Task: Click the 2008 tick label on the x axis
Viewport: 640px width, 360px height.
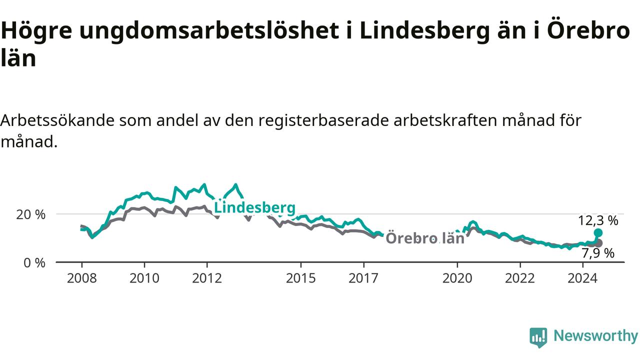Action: point(81,278)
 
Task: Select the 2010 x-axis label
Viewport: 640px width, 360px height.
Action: point(144,278)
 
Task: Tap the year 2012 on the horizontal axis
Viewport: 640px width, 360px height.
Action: point(207,278)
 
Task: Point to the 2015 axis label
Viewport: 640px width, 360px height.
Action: point(301,278)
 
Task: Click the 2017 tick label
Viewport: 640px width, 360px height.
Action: point(363,278)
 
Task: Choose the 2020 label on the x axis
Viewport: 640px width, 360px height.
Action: point(457,278)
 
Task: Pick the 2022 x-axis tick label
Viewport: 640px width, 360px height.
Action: point(520,278)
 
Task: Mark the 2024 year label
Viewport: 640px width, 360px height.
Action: point(582,278)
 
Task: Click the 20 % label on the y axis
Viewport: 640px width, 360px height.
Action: point(31,214)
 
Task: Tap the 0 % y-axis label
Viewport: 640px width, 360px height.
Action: point(34,263)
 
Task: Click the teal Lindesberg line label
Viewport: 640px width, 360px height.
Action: point(254,208)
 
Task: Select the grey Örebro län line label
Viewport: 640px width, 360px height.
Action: point(425,238)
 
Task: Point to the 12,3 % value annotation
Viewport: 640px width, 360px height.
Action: point(598,220)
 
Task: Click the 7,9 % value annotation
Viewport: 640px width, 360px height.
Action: point(598,253)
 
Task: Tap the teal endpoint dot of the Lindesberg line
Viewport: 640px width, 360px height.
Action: point(598,233)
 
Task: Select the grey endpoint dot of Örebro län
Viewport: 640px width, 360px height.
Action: point(598,243)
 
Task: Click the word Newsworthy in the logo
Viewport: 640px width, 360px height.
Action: point(596,336)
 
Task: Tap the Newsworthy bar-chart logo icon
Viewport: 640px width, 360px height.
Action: point(538,337)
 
